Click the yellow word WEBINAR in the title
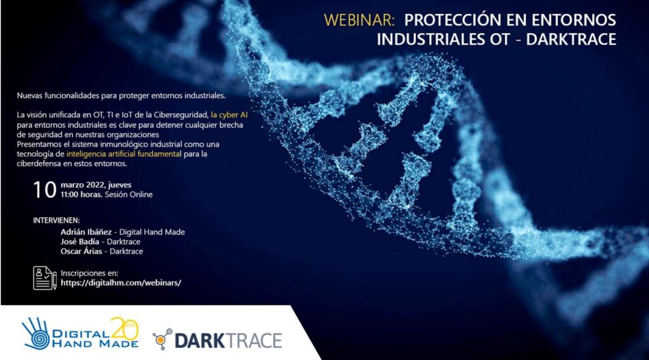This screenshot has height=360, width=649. pyautogui.click(x=359, y=20)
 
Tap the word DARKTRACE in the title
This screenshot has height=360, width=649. pyautogui.click(x=571, y=39)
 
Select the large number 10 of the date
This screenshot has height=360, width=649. pyautogui.click(x=45, y=190)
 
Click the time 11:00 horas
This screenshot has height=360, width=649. pyautogui.click(x=82, y=195)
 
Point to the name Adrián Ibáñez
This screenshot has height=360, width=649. pyautogui.click(x=86, y=232)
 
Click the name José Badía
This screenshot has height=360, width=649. pyautogui.click(x=80, y=241)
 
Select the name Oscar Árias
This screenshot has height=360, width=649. pyautogui.click(x=81, y=251)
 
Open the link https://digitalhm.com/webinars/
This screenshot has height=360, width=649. pyautogui.click(x=121, y=283)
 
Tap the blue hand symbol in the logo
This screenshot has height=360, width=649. pyautogui.click(x=36, y=333)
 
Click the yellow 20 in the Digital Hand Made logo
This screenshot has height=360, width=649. pyautogui.click(x=124, y=330)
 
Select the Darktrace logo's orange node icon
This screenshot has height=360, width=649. pyautogui.click(x=162, y=339)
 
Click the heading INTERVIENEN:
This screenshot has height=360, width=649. pyautogui.click(x=56, y=221)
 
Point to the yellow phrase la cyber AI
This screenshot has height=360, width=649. pyautogui.click(x=229, y=115)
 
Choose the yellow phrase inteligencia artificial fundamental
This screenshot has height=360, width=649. pyautogui.click(x=124, y=154)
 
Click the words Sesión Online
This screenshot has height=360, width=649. pyautogui.click(x=129, y=195)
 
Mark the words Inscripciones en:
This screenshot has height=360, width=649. pyautogui.click(x=89, y=273)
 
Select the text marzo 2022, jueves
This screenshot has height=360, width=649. pyautogui.click(x=96, y=185)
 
